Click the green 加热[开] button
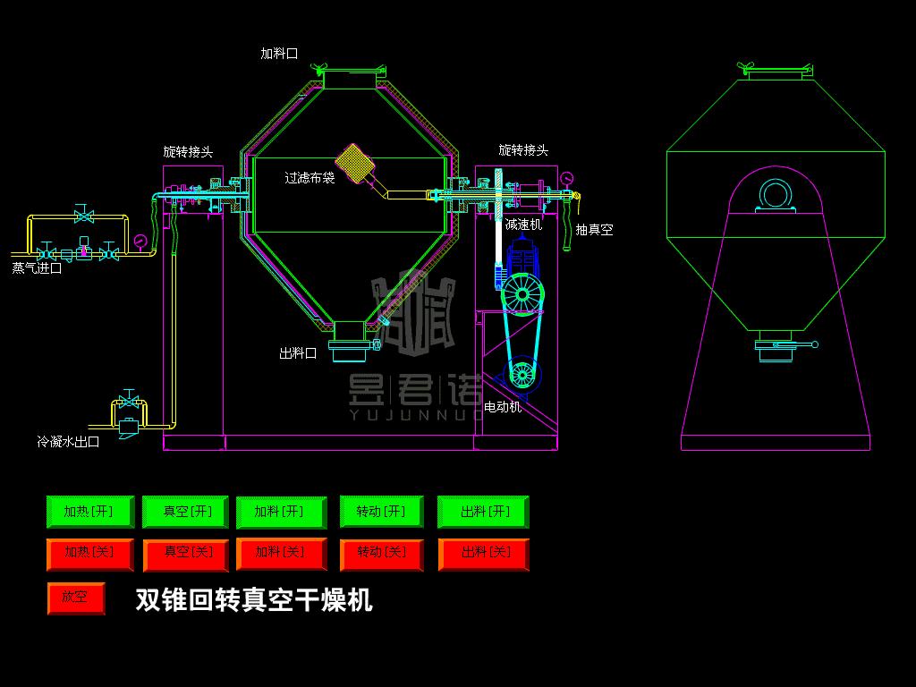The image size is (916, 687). coord(89,512)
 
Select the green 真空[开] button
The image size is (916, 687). coord(186,512)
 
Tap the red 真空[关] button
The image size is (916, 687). coord(186,554)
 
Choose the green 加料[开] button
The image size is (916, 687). coord(279,512)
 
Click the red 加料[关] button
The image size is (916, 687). coord(280,554)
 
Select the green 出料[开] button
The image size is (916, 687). coord(484,512)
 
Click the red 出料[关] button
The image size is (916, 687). coord(484,554)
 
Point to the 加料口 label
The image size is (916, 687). coord(279,54)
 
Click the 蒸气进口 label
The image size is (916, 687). coord(37,267)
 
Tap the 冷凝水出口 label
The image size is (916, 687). coord(68,442)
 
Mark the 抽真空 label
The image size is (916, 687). coord(594,230)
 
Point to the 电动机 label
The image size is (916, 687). coord(503,407)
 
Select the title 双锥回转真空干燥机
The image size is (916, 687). coord(253,599)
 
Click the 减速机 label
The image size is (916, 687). coord(524,225)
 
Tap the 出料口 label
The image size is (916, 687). coord(298,353)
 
